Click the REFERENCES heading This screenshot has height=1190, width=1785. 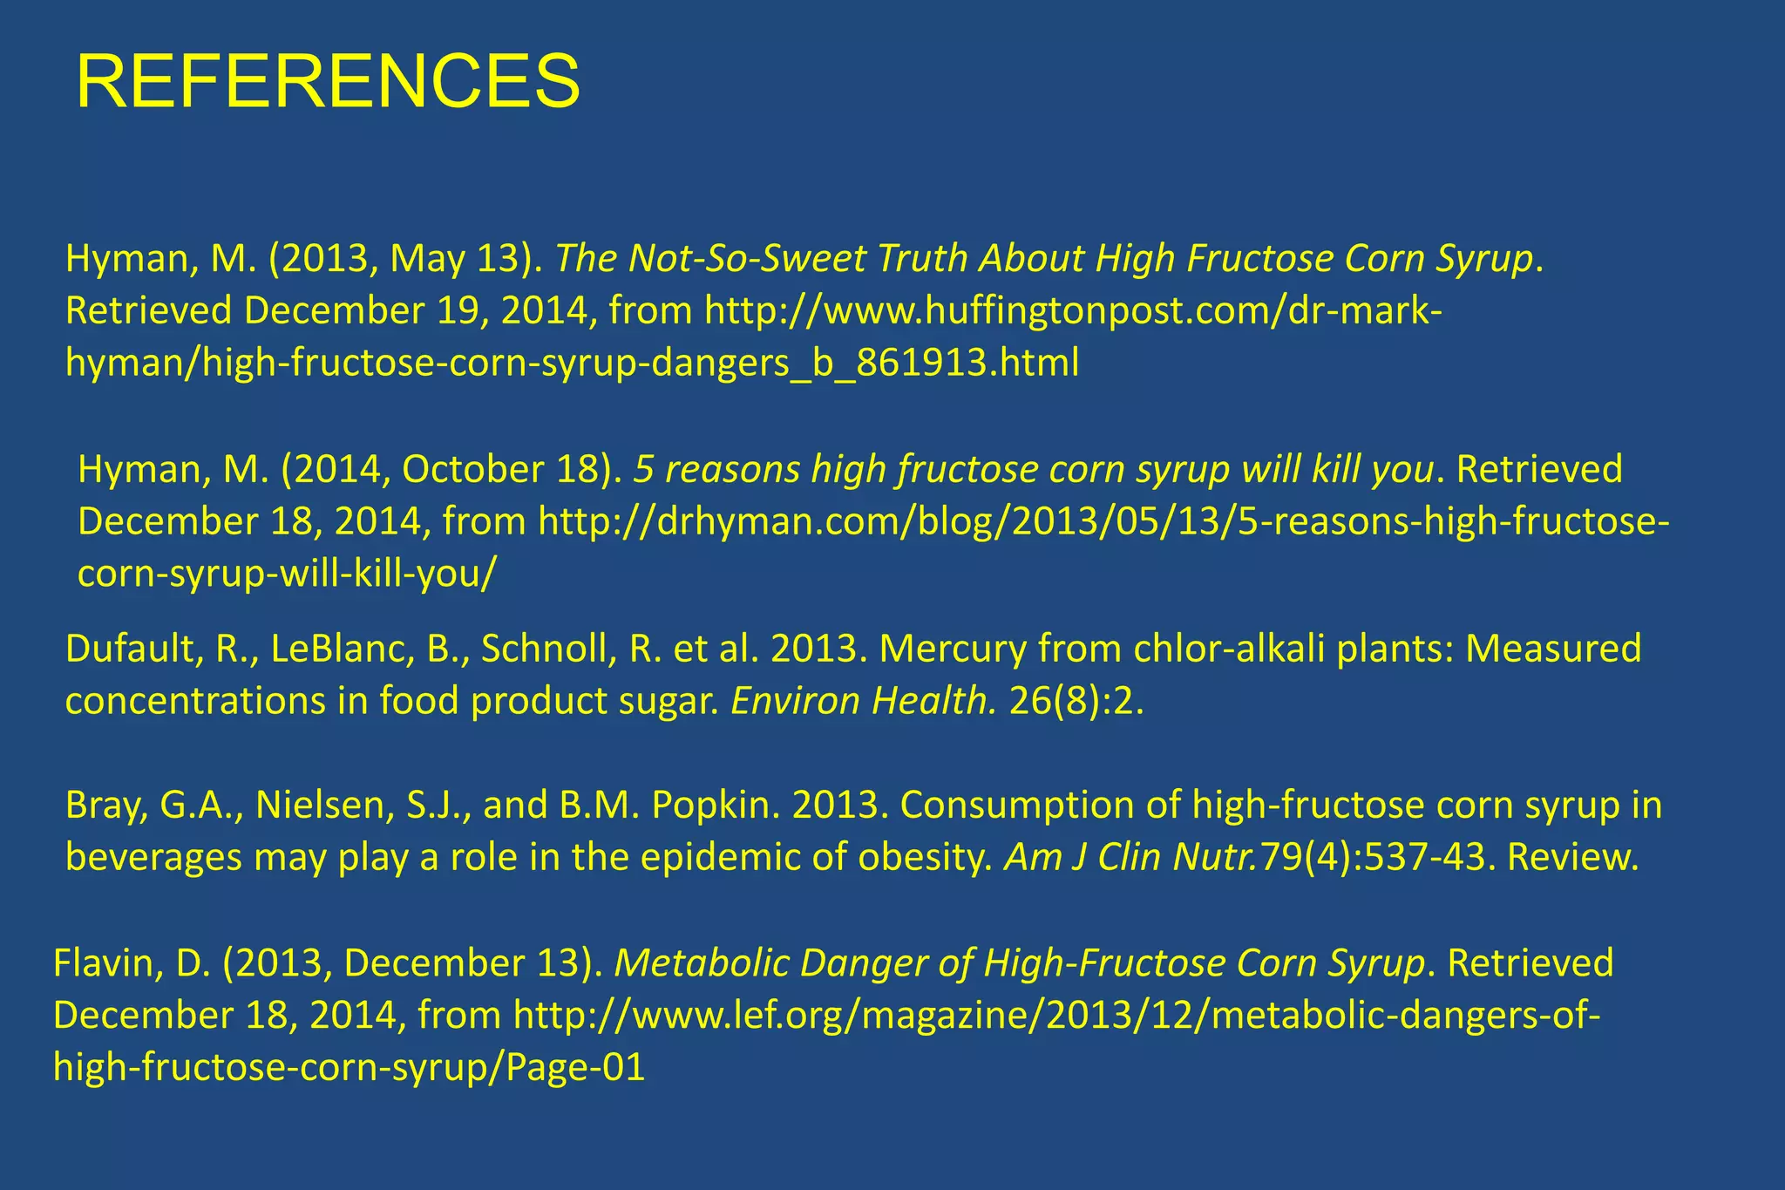[x=328, y=82]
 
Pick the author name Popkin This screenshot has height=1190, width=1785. [x=715, y=806]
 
